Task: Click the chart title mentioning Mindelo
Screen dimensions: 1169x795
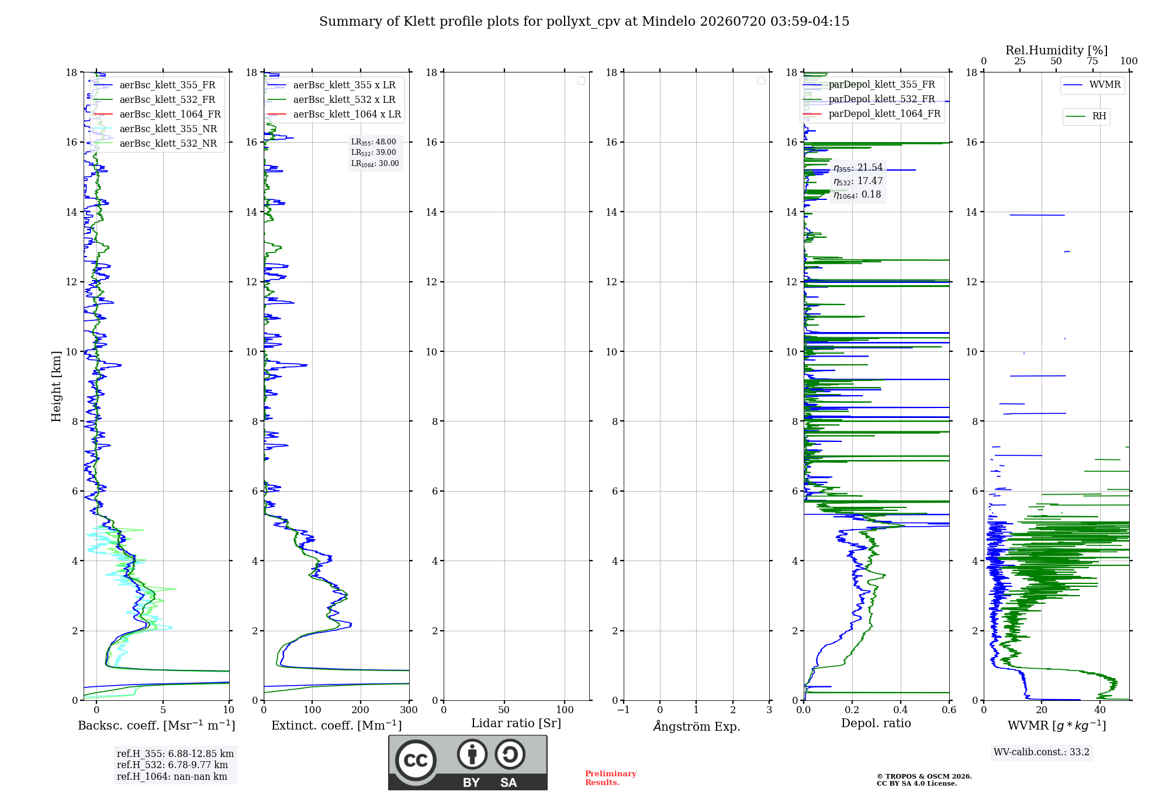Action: (584, 22)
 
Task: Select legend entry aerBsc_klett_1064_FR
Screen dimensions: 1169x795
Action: (157, 114)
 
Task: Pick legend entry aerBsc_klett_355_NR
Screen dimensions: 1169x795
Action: (155, 129)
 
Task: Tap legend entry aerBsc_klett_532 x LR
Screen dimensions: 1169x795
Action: (331, 99)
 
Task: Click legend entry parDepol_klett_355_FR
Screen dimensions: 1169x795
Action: (869, 84)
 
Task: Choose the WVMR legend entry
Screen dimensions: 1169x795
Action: (1092, 85)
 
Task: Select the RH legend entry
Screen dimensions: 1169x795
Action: (1086, 116)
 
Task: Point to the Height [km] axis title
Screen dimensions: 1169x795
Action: (56, 386)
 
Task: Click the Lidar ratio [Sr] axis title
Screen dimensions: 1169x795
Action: (516, 723)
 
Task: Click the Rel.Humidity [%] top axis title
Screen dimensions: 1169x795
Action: (1057, 50)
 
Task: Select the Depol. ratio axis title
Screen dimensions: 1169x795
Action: (876, 723)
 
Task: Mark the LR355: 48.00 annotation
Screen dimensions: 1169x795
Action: (373, 142)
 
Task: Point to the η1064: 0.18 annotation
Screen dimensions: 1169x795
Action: (857, 195)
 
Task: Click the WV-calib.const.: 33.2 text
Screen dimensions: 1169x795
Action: (1042, 752)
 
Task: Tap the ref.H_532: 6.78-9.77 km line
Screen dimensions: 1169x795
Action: (172, 765)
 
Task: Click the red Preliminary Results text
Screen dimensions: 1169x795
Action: (611, 778)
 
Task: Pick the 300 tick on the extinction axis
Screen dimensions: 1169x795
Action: (409, 710)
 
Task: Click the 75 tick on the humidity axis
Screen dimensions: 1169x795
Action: (1092, 61)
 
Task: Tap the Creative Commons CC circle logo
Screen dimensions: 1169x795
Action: (416, 761)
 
